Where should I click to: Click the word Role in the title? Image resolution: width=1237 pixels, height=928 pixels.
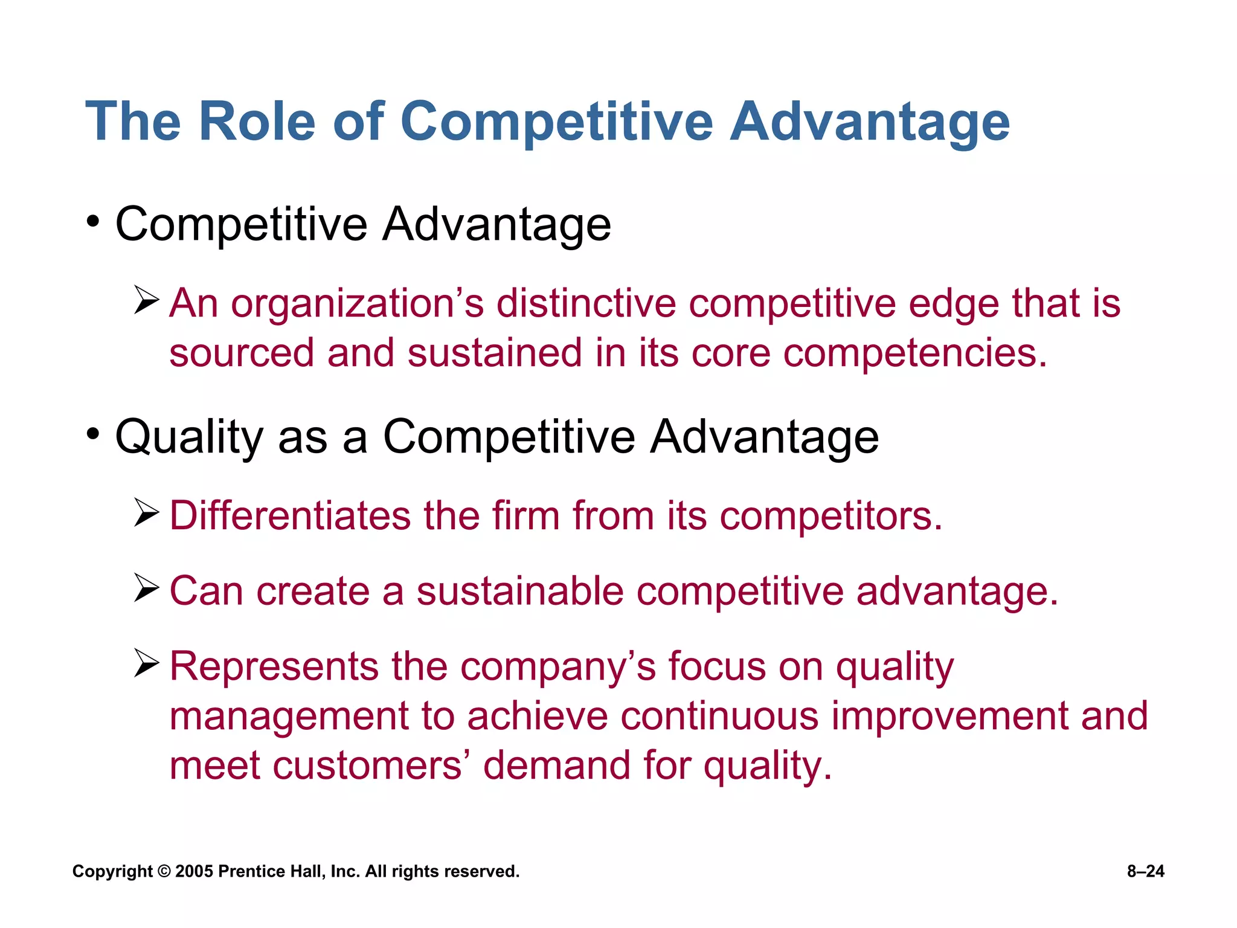[x=257, y=121]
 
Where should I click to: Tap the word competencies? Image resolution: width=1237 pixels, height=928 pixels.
[x=914, y=353]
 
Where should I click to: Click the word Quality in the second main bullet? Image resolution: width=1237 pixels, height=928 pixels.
[x=189, y=437]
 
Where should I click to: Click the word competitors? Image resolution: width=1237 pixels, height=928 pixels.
[x=831, y=517]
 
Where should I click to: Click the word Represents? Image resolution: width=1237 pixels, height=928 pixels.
[x=274, y=667]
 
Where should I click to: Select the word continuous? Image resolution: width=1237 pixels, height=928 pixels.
[x=719, y=717]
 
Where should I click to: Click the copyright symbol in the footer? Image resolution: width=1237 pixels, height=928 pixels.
[x=164, y=871]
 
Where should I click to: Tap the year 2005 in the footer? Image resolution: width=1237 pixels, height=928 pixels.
[x=194, y=871]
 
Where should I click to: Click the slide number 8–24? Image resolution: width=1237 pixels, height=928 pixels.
[x=1145, y=871]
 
